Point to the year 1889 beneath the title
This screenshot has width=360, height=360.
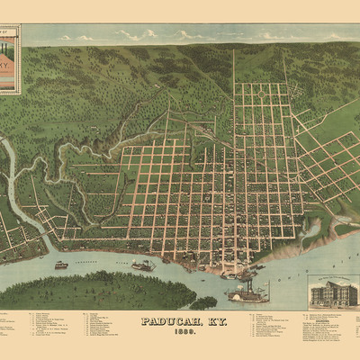coord(179,331)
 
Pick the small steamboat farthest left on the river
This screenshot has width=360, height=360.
coord(60,265)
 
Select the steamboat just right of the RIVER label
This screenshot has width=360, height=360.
coord(142,265)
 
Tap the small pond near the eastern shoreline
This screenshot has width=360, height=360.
coord(312,231)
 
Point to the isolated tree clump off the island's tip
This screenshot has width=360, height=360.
coord(205,302)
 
